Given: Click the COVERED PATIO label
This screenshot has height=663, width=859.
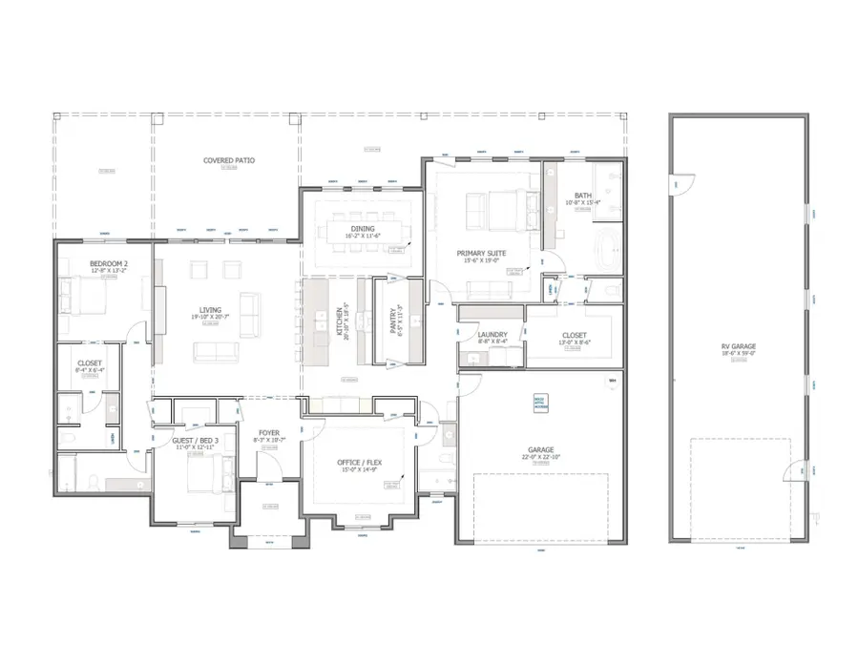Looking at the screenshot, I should [229, 160].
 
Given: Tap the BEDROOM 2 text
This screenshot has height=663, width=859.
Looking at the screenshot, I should [109, 262].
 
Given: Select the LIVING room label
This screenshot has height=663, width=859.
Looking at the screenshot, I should [210, 309].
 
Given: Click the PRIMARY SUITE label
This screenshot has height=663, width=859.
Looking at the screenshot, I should [481, 252].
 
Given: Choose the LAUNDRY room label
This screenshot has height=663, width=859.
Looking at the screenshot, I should [492, 334].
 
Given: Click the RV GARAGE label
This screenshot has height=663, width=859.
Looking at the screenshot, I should [738, 346].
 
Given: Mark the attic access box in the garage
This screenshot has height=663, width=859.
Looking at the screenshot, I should [539, 404].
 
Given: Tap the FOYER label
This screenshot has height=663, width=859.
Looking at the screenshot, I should [269, 433].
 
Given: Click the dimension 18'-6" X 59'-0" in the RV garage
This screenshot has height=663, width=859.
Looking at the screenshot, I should [738, 354].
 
